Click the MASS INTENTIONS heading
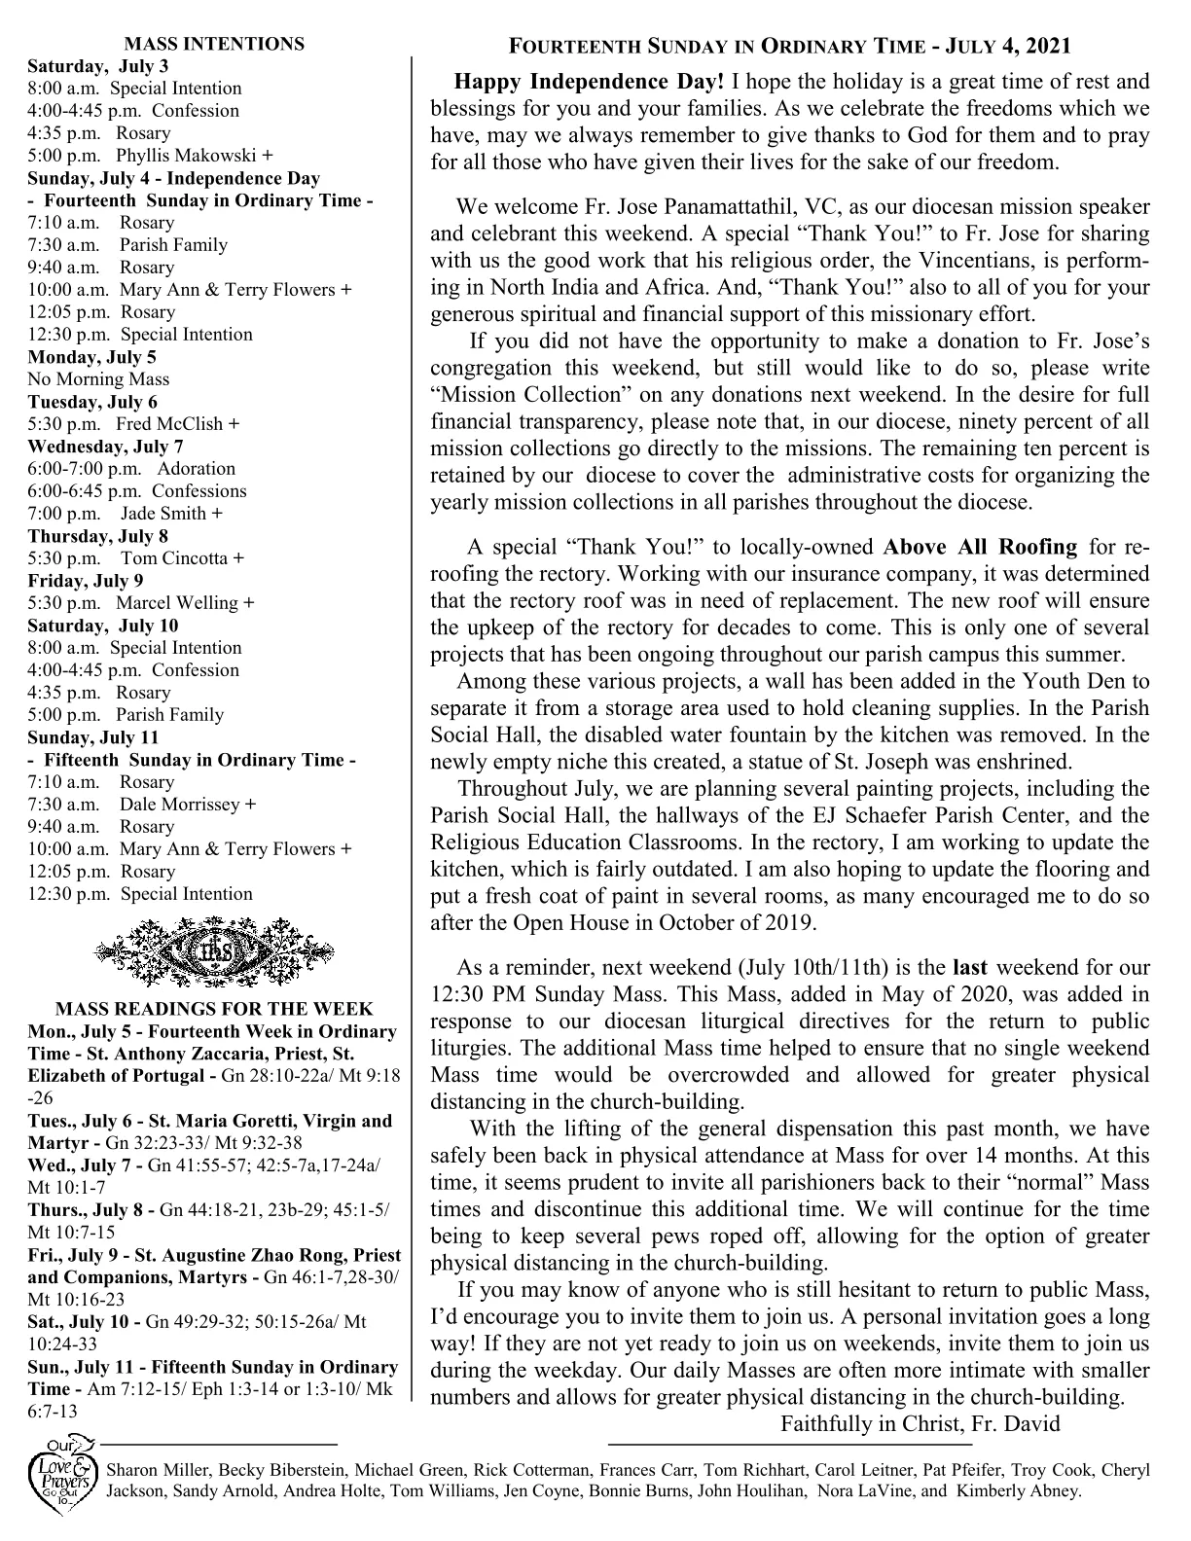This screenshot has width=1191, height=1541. [x=214, y=44]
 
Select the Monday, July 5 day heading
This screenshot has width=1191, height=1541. [x=91, y=357]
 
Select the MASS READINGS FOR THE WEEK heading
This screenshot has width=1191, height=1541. [x=214, y=1010]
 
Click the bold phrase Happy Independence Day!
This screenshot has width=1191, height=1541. [x=590, y=82]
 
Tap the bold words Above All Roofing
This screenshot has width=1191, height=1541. [x=981, y=547]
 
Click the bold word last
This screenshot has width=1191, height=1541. [x=969, y=968]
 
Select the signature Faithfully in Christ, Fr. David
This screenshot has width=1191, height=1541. [x=920, y=1423]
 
